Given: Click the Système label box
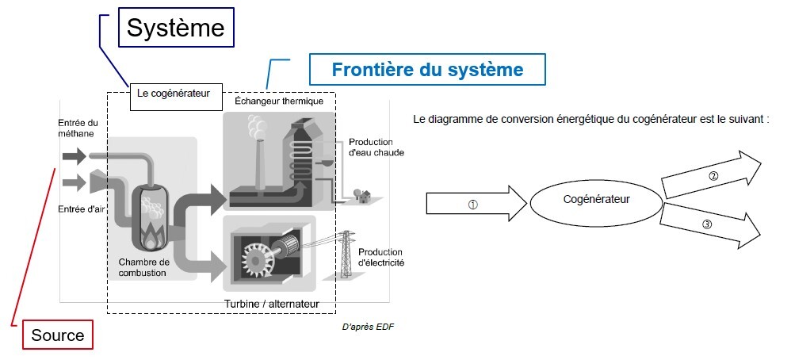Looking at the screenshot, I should click(x=177, y=29).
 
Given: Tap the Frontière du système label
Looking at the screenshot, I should click(x=427, y=70).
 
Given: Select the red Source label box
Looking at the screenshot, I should click(x=57, y=335).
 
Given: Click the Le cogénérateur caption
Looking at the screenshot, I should click(x=173, y=93).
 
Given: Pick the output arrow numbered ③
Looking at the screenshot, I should click(x=708, y=224).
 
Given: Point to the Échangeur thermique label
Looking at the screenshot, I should click(x=279, y=101).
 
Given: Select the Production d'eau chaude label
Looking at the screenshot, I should click(x=376, y=147).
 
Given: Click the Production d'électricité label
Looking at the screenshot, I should click(x=381, y=257).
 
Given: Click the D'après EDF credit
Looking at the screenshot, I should click(x=367, y=327).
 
